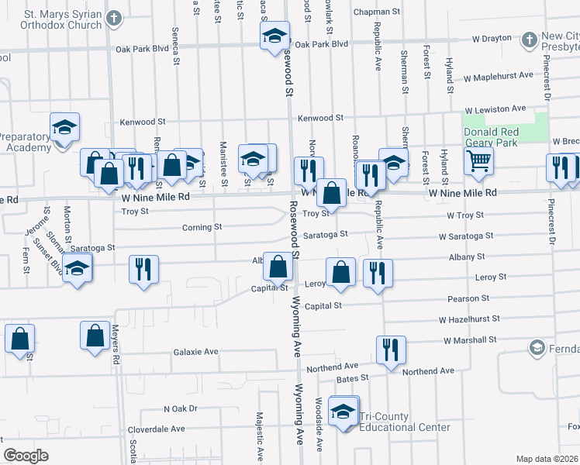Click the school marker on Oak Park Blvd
pyautogui.click(x=274, y=36)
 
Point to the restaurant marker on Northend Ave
pyautogui.click(x=391, y=350)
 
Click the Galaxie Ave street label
pyautogui.click(x=195, y=351)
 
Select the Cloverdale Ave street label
pyautogui.click(x=157, y=429)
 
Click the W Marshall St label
pyautogui.click(x=470, y=339)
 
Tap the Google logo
pyautogui.click(x=26, y=456)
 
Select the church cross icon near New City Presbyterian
pyautogui.click(x=530, y=39)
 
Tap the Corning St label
pyautogui.click(x=202, y=227)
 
